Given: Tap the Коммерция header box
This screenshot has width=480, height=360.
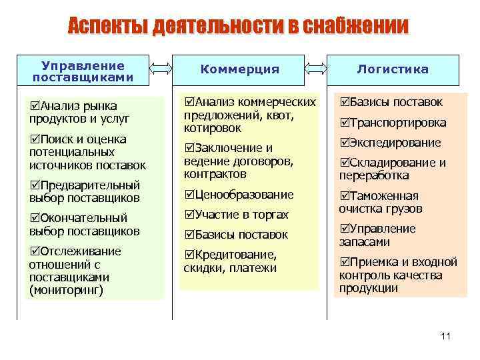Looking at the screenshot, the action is point(239,69).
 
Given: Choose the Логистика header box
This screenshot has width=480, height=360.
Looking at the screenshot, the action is point(393,69).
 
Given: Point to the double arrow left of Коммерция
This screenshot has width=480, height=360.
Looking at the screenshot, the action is point(161,68).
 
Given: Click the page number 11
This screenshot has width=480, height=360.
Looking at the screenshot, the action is point(446,335).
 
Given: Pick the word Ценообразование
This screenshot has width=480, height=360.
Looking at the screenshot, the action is point(245,195).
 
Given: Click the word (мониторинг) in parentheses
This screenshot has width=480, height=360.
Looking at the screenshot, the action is point(66,291).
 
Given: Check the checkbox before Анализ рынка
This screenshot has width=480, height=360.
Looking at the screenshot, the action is point(35,106).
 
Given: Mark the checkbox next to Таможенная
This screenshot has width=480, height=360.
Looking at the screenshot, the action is point(345,196).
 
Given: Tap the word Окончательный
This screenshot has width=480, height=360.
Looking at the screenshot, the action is point(84,218).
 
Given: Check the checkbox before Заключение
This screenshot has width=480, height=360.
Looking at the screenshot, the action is point(189,148).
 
